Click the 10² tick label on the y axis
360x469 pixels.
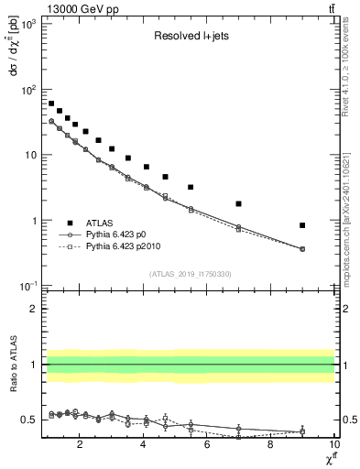30,90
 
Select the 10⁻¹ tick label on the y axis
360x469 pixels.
30,287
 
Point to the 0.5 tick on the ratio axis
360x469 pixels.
30,420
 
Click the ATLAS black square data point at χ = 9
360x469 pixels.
302,225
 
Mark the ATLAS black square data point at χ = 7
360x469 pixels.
239,203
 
